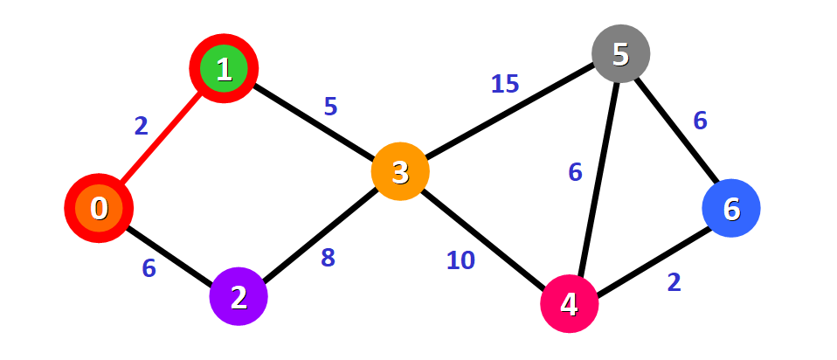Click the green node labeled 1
point(224,69)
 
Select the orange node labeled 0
point(99,208)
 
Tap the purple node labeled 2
point(239,297)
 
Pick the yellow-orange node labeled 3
point(400,171)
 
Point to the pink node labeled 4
point(570,303)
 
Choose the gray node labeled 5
point(620,54)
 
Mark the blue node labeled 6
point(731,208)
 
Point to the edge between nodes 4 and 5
point(595,179)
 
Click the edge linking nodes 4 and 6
point(651,256)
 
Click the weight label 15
point(504,84)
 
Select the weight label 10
point(460,260)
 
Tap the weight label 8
point(328,259)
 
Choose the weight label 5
point(330,107)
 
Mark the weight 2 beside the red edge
point(142,127)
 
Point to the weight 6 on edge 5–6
point(700,121)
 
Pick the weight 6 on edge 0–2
point(149,268)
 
